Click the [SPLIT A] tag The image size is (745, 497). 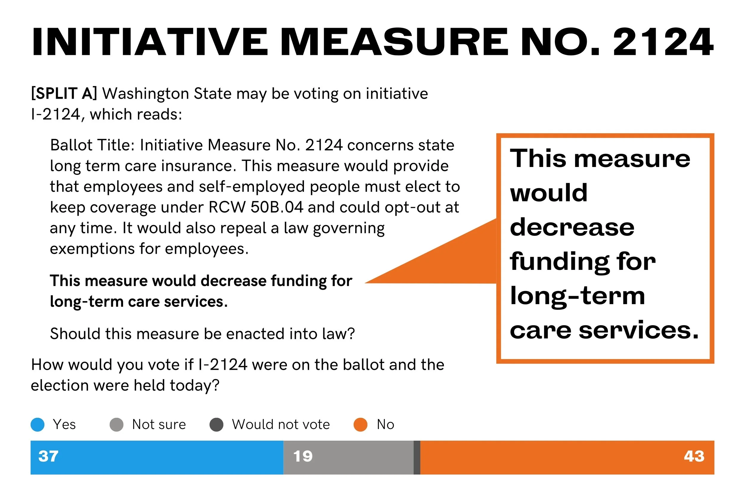pyautogui.click(x=64, y=94)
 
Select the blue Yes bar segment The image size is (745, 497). pyautogui.click(x=157, y=457)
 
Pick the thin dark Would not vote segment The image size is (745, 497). pyautogui.click(x=417, y=457)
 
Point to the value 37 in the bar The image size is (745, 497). pyautogui.click(x=48, y=456)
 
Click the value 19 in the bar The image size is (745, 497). pyautogui.click(x=303, y=456)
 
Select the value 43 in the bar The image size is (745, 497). pyautogui.click(x=694, y=456)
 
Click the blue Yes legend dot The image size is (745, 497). pyautogui.click(x=37, y=425)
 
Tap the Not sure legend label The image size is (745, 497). pyautogui.click(x=159, y=425)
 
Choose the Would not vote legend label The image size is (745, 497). pyautogui.click(x=281, y=425)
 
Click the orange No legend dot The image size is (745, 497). pyautogui.click(x=360, y=425)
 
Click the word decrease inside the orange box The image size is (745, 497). pyautogui.click(x=572, y=227)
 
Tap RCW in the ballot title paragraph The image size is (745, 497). pyautogui.click(x=227, y=207)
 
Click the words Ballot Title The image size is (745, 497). pyautogui.click(x=92, y=145)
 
